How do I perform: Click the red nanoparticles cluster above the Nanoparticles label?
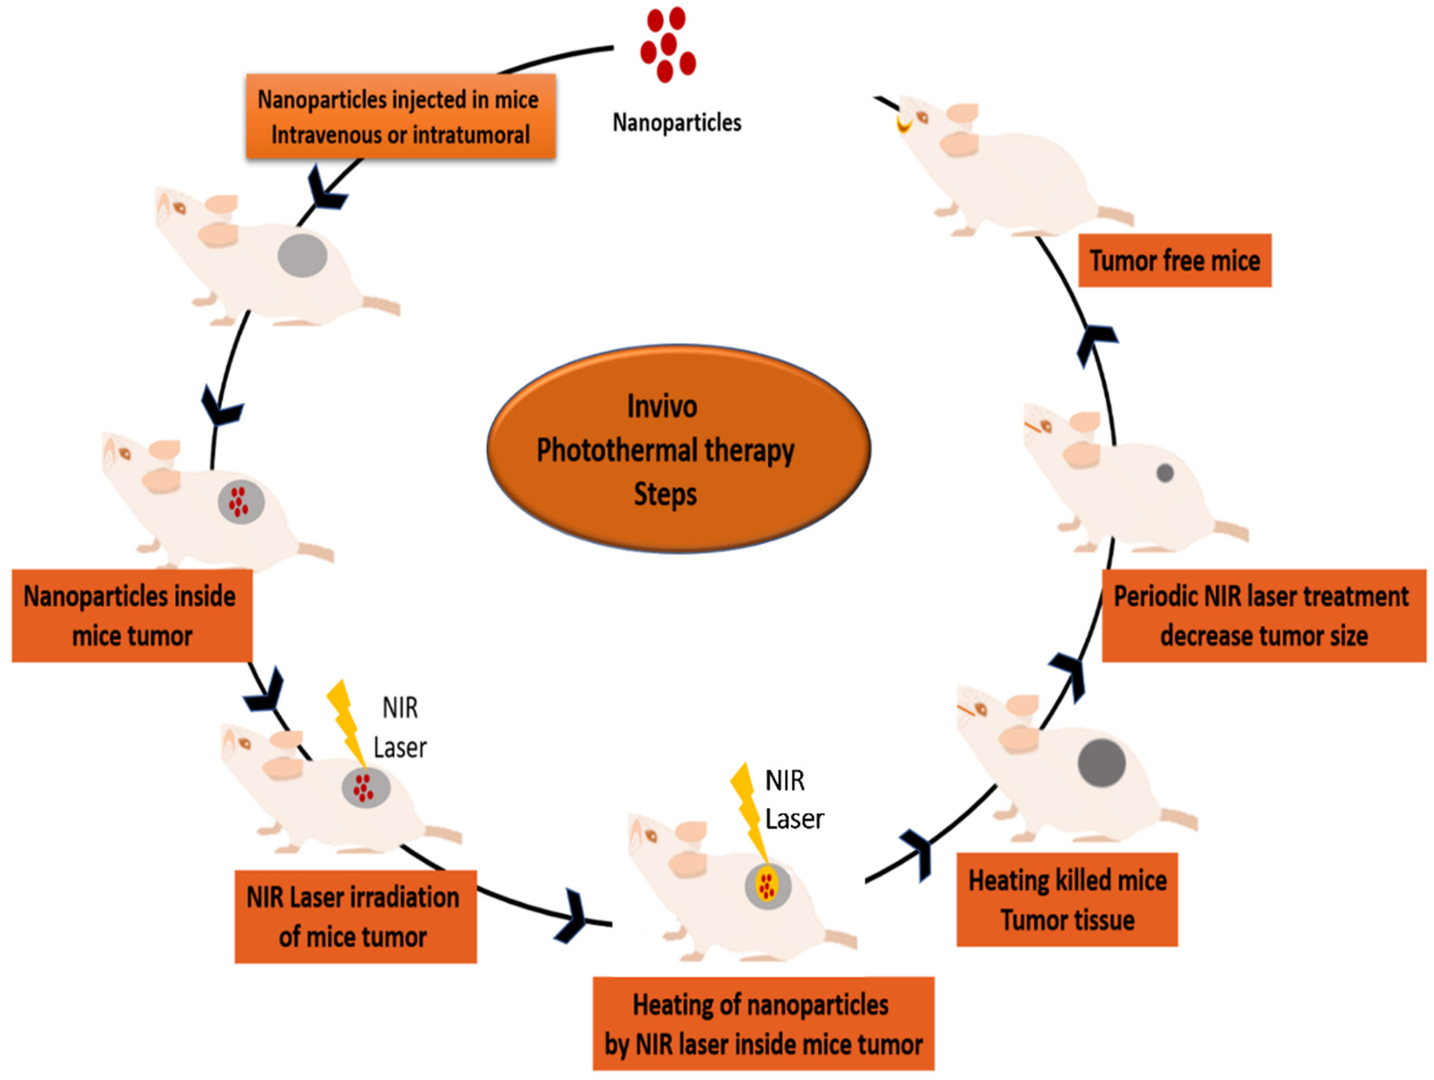point(668,45)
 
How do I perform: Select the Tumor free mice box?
point(1174,261)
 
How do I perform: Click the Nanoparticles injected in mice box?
point(400,117)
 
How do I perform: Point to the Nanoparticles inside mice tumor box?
point(132,615)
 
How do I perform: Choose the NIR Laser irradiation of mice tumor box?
point(355,917)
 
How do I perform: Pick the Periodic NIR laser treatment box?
point(1264,615)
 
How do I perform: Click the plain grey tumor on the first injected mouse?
point(302,255)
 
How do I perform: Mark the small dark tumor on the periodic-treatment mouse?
point(1164,473)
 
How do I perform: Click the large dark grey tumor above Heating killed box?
point(1102,763)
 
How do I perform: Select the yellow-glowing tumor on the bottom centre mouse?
point(767,886)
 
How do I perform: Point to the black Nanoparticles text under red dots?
point(677,122)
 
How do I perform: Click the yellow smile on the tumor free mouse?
point(903,125)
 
